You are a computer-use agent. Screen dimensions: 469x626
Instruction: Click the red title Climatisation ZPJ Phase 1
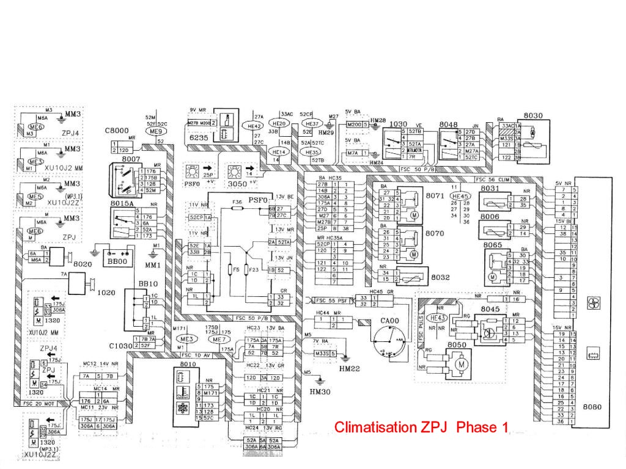421,427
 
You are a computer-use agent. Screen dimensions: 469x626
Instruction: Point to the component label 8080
592,406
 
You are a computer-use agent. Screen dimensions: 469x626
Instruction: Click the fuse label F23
255,269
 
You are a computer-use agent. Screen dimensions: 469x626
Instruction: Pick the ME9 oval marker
155,131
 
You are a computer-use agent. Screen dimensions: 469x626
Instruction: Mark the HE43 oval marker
438,318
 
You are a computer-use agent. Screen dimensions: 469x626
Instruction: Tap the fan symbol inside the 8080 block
592,303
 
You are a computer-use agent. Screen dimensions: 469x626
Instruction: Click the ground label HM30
319,390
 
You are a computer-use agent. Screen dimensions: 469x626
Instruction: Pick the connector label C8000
116,130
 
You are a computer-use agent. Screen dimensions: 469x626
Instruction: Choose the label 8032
440,277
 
